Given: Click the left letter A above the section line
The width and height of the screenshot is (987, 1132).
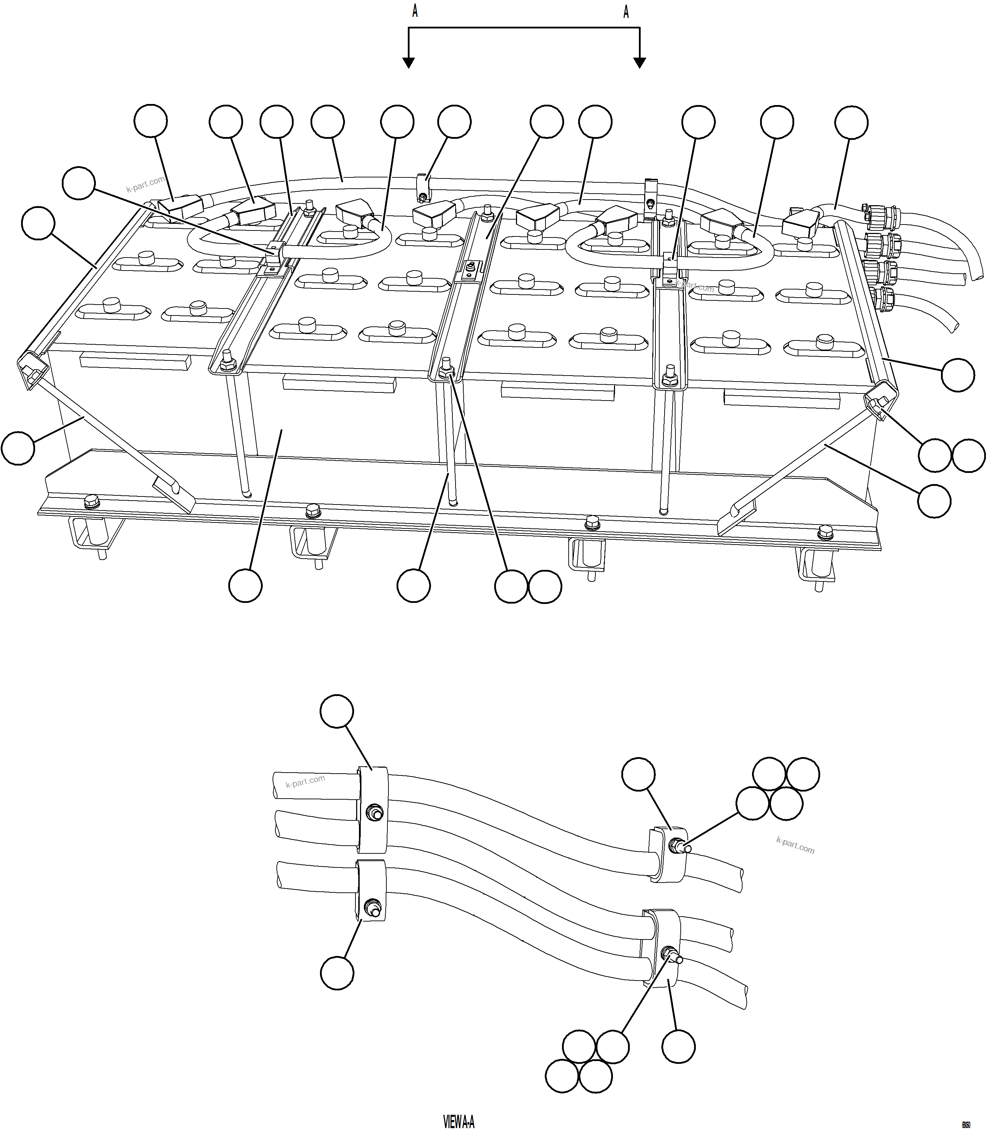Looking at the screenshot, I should coord(415,12).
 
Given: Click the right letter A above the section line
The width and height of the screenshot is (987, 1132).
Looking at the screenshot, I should coord(626,12).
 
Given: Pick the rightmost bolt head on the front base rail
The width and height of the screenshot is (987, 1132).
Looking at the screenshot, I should coord(825,532).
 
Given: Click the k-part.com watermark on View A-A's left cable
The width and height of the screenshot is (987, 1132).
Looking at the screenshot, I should coord(305,781).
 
